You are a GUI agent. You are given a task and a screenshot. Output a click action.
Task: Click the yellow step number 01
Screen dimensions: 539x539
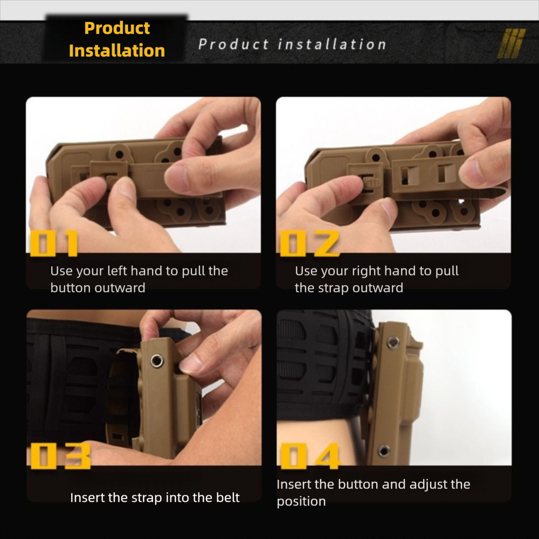(54, 243)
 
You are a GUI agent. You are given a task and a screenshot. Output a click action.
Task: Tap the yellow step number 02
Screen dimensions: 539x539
(309, 243)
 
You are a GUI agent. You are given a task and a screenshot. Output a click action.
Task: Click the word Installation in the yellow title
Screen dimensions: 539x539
(116, 51)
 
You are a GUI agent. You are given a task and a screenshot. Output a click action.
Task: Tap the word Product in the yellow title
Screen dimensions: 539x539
(117, 28)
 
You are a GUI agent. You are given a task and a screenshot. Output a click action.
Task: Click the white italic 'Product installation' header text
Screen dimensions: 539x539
(292, 44)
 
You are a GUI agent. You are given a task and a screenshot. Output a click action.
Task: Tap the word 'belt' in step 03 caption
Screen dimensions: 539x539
(226, 497)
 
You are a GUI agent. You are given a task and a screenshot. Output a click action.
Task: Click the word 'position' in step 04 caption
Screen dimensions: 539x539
(301, 501)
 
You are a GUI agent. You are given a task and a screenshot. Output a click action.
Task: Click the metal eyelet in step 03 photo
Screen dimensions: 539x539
(157, 361)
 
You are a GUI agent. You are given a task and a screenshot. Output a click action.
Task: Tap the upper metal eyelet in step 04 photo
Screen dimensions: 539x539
(393, 341)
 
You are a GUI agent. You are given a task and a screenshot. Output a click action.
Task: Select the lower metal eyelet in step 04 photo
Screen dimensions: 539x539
(384, 451)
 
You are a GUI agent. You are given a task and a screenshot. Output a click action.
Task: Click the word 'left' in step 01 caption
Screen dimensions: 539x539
(117, 271)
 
